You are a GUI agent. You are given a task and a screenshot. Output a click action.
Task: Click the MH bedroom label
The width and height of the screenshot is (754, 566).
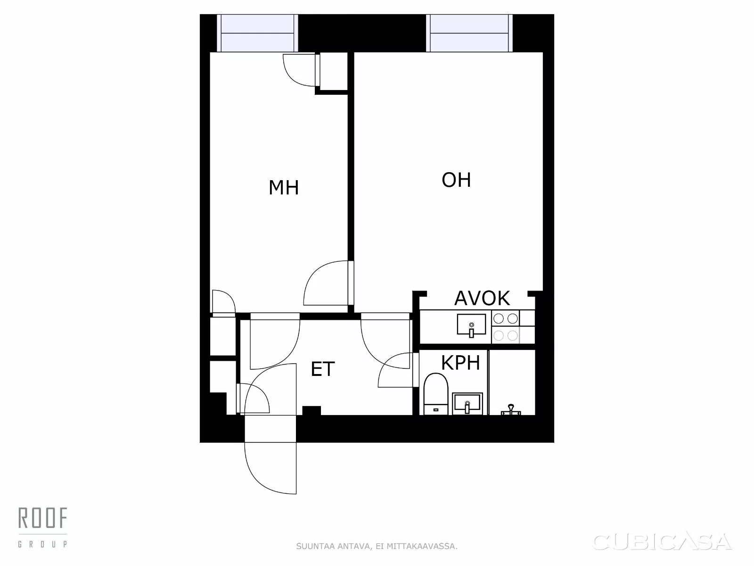pos(284,188)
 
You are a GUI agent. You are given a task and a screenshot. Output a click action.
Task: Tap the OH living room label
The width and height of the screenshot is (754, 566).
pos(456,180)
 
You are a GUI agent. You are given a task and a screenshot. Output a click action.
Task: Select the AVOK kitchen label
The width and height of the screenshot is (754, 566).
pos(482,298)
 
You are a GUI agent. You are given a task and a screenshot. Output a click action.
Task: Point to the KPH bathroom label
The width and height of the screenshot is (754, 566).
pos(460,363)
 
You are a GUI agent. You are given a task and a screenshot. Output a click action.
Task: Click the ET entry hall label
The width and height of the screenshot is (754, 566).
pos(323,369)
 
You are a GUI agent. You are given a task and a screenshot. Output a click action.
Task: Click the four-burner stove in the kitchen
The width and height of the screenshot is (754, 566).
pos(506,327)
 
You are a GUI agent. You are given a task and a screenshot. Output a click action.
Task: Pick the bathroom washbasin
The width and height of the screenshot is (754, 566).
pos(467,404)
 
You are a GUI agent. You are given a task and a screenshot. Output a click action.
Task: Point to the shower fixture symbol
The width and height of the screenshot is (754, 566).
pos(511,409)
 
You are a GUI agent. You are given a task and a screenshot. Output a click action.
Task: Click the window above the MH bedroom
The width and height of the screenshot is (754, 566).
pos(257,33)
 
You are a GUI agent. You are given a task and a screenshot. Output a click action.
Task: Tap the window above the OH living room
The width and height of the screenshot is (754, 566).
pos(469,33)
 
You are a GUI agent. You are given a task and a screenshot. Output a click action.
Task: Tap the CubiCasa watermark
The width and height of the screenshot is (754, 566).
pos(662,541)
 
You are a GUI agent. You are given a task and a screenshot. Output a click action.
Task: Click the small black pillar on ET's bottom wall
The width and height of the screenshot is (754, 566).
pos(311,410)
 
